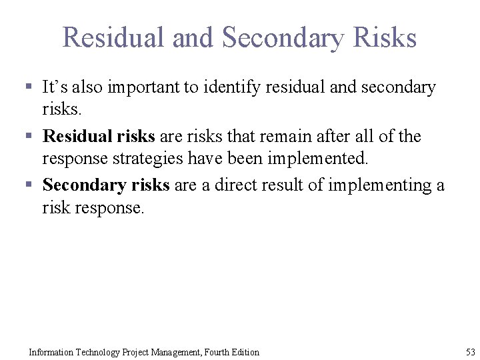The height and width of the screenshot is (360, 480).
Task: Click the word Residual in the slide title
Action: [x=114, y=37]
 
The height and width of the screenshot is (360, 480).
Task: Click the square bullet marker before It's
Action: [x=29, y=87]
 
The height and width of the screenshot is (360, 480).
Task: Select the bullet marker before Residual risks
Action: [x=29, y=137]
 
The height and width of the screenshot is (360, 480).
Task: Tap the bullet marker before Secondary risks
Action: [x=29, y=185]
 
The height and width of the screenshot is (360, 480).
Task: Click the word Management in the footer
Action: [x=171, y=352]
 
